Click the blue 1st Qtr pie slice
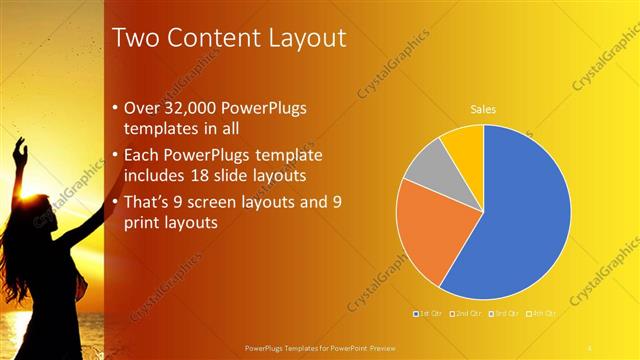point(520,220)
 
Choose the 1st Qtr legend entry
point(428,314)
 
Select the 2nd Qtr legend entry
point(464,314)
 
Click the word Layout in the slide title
point(299,38)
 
